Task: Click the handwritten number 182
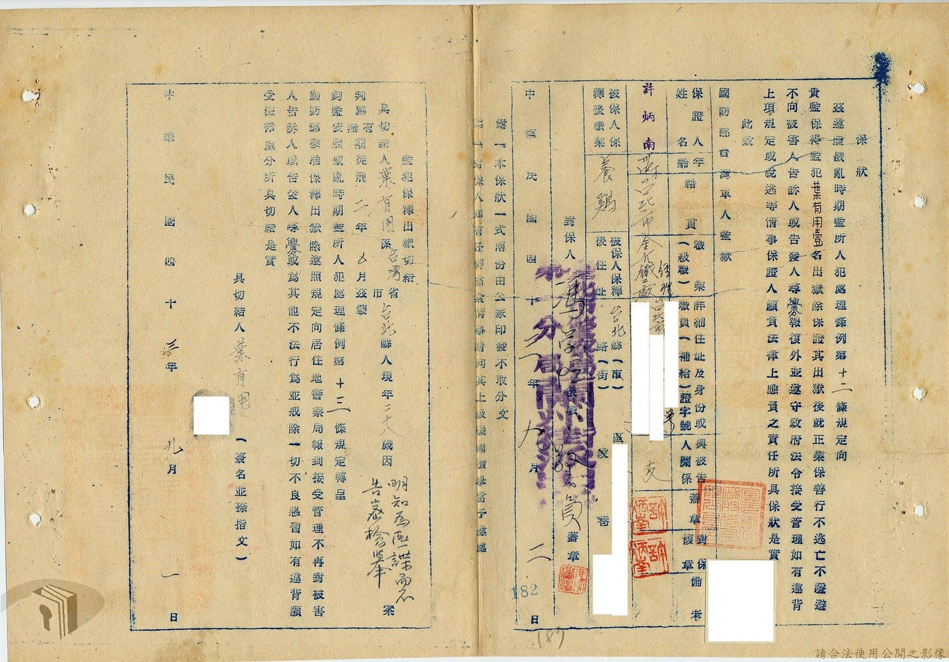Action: [525, 590]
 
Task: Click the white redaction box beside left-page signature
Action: [211, 414]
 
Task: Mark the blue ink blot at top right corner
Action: [881, 65]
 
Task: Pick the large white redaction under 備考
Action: [740, 601]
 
